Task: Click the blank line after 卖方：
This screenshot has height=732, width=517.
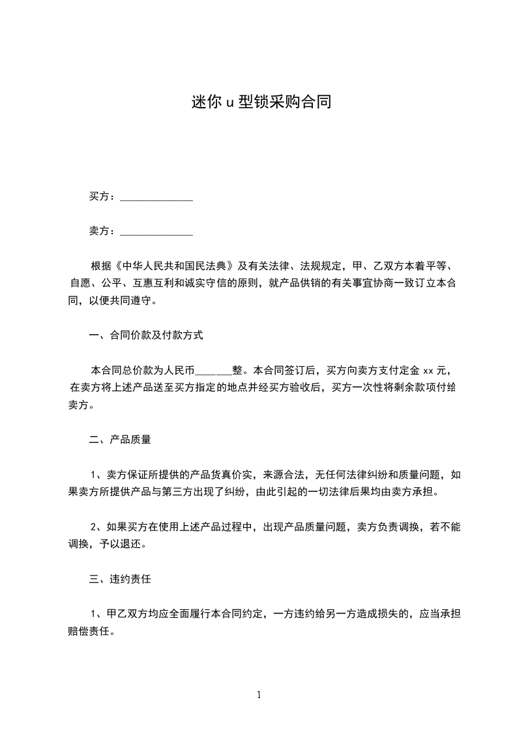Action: (157, 232)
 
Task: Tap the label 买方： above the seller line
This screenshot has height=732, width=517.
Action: (102, 196)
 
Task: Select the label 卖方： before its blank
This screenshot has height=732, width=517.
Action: (102, 230)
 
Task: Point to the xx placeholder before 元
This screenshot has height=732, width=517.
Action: (428, 371)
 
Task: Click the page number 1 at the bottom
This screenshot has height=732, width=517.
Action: (259, 695)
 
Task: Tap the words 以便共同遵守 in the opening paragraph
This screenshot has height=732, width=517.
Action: (118, 301)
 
